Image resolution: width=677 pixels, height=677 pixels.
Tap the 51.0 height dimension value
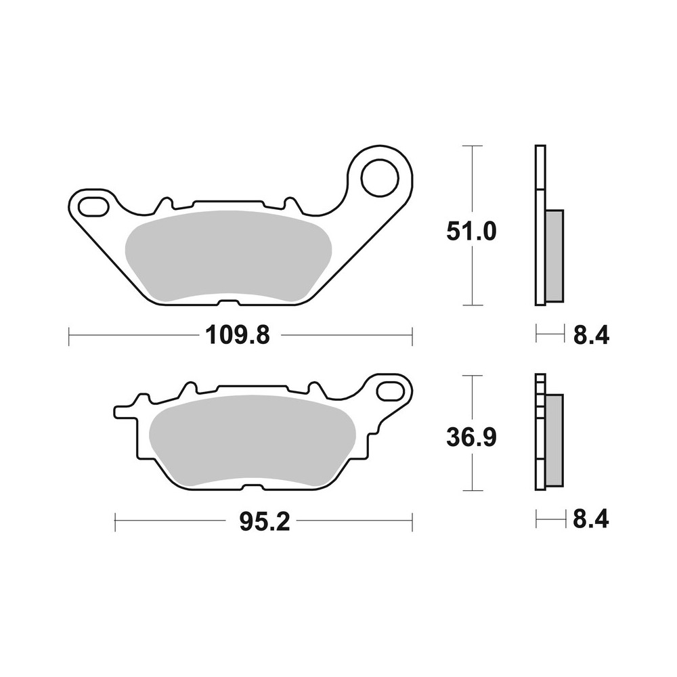(x=472, y=233)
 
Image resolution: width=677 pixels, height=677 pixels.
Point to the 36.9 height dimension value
(x=472, y=438)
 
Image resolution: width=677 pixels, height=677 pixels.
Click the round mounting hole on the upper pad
(x=379, y=177)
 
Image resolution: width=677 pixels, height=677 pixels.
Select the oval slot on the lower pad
(x=393, y=391)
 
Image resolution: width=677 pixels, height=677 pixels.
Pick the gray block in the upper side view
(x=554, y=256)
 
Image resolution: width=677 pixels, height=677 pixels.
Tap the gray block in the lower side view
(x=554, y=440)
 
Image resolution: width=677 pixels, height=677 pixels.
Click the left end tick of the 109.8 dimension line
(x=70, y=334)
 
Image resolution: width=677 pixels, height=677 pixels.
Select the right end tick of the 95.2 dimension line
(x=412, y=521)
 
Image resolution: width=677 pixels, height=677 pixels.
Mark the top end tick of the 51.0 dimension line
(x=472, y=146)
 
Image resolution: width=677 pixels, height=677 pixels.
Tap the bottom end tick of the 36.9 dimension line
(x=472, y=490)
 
